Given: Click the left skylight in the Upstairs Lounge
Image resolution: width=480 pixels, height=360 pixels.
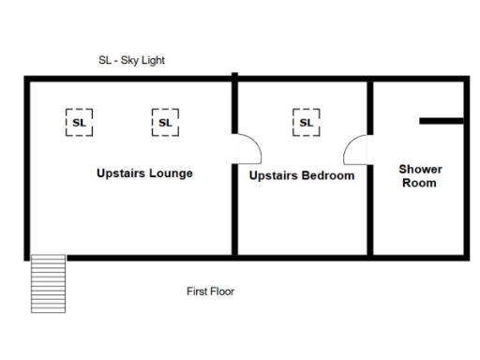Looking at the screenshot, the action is (x=79, y=122).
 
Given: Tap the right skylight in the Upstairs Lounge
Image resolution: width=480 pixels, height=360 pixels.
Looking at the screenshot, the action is (x=165, y=122).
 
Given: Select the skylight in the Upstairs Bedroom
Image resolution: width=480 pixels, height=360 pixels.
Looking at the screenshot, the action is (x=306, y=122).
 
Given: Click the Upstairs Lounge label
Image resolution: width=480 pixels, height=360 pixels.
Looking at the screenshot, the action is (x=144, y=173).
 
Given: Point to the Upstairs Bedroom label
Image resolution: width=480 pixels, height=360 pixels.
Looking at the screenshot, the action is (x=302, y=175).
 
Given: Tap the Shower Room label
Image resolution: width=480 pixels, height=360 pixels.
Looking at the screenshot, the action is (x=420, y=176).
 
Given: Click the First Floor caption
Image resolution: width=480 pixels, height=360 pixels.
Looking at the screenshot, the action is (x=210, y=292).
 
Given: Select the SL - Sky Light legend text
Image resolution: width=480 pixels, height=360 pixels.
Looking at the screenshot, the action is (x=131, y=60).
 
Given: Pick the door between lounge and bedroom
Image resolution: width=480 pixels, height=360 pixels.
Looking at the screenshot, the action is (x=245, y=150).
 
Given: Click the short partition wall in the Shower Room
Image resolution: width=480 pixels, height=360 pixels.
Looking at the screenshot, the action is (x=441, y=121).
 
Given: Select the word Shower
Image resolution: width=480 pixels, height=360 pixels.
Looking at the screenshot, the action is (x=420, y=170).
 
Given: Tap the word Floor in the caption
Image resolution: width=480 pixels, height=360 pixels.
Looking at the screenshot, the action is (x=222, y=292).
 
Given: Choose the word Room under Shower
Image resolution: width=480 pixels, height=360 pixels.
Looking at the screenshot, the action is (x=420, y=184).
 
